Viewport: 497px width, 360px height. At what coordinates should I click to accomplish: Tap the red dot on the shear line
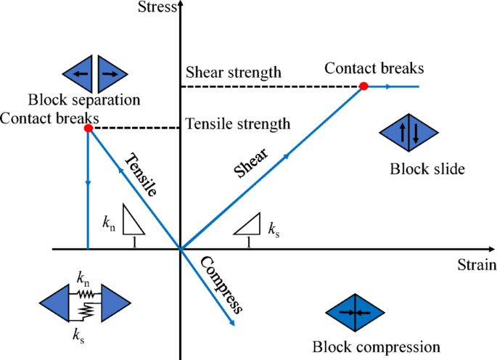click(x=363, y=86)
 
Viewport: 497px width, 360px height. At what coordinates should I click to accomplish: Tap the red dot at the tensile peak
click(x=88, y=128)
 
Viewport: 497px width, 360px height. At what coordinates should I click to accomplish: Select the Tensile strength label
click(x=238, y=123)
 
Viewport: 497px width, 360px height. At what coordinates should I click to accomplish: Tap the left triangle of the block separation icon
click(x=79, y=73)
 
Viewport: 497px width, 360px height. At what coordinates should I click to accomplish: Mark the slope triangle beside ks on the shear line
click(x=248, y=226)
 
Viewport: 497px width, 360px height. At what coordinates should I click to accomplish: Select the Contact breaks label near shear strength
click(x=374, y=68)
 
